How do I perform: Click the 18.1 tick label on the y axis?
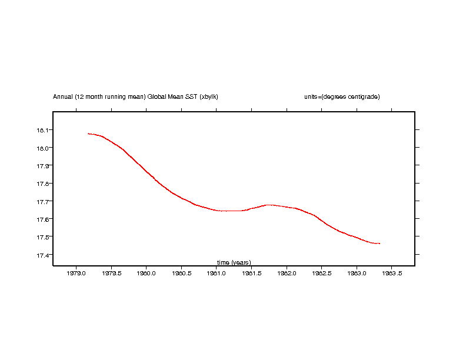(x=44, y=130)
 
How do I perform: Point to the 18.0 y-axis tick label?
(x=44, y=148)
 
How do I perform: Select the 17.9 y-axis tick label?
(x=44, y=166)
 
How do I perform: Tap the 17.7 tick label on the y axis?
(x=44, y=202)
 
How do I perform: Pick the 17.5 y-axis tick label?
(x=44, y=237)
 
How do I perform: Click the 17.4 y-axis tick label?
(x=44, y=255)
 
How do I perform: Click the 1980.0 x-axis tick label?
(x=146, y=274)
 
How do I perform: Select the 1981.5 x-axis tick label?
(x=251, y=274)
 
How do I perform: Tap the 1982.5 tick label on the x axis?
(x=321, y=274)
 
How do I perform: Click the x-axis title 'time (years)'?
(x=234, y=262)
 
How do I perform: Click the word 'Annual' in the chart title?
(x=63, y=96)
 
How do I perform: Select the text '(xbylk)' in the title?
(x=209, y=96)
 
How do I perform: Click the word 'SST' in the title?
(x=191, y=96)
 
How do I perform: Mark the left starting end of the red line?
(x=88, y=134)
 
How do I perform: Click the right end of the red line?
(x=380, y=244)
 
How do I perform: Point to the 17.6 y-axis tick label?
(x=44, y=219)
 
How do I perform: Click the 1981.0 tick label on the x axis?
(x=217, y=274)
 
